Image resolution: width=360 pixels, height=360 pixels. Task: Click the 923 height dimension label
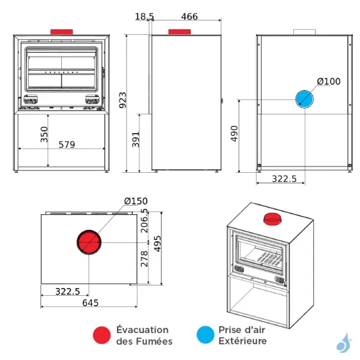click(x=122, y=100)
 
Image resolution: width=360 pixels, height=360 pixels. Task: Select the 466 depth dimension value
click(x=189, y=17)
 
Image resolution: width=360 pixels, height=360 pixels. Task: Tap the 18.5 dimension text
click(x=144, y=17)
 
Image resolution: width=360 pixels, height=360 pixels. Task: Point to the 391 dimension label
click(x=135, y=139)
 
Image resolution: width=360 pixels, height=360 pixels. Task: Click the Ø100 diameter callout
click(x=328, y=81)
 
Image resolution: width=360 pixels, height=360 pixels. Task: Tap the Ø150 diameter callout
click(x=136, y=201)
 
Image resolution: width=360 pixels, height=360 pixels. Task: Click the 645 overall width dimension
click(x=90, y=303)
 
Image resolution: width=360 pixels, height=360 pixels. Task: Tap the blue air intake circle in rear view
click(x=305, y=99)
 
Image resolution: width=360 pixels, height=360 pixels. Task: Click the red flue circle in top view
click(x=90, y=243)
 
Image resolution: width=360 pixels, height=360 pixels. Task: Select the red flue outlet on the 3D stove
click(x=273, y=219)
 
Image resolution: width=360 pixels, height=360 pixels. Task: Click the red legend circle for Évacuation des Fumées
click(x=102, y=335)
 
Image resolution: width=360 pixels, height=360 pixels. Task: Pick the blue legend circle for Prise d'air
click(x=205, y=335)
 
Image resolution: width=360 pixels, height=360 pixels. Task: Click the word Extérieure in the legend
click(x=242, y=341)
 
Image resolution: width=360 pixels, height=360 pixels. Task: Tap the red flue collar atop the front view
click(x=61, y=31)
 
